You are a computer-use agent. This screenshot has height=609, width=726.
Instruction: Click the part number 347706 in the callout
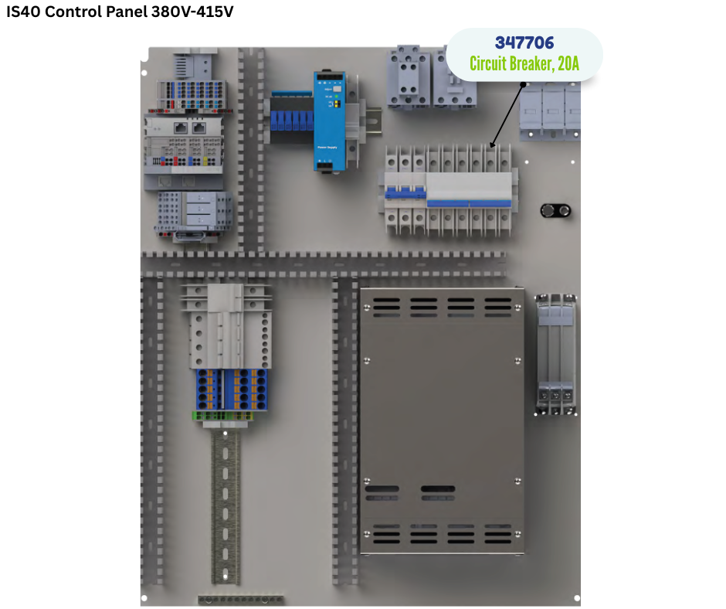[x=524, y=43]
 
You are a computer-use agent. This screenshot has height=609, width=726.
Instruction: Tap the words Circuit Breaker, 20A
[x=524, y=63]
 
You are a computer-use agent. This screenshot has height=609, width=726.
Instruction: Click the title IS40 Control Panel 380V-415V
[x=120, y=12]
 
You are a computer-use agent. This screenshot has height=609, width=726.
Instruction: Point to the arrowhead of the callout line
[x=492, y=145]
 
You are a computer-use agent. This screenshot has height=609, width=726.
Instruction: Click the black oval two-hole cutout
[x=555, y=211]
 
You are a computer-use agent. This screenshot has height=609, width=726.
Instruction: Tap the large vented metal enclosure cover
[x=442, y=421]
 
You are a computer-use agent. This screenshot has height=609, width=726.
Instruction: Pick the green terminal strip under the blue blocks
[x=222, y=416]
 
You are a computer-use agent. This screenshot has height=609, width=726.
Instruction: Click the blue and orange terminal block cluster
[x=232, y=390]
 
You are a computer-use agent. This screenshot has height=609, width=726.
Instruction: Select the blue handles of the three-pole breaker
[x=405, y=192]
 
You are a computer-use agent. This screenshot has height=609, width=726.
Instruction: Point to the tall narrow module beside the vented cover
[x=555, y=354]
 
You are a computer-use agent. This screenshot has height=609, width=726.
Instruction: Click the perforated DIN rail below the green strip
[x=226, y=506]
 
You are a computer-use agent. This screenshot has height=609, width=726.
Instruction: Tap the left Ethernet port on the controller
[x=180, y=128]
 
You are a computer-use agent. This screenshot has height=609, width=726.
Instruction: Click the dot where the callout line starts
[x=523, y=84]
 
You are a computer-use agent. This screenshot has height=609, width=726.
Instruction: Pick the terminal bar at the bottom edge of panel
[x=241, y=600]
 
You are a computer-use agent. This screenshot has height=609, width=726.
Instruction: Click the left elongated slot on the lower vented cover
[x=382, y=488]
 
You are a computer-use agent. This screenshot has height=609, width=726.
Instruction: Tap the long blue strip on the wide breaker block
[x=469, y=203]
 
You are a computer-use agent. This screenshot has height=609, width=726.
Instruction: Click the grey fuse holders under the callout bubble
[x=550, y=111]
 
